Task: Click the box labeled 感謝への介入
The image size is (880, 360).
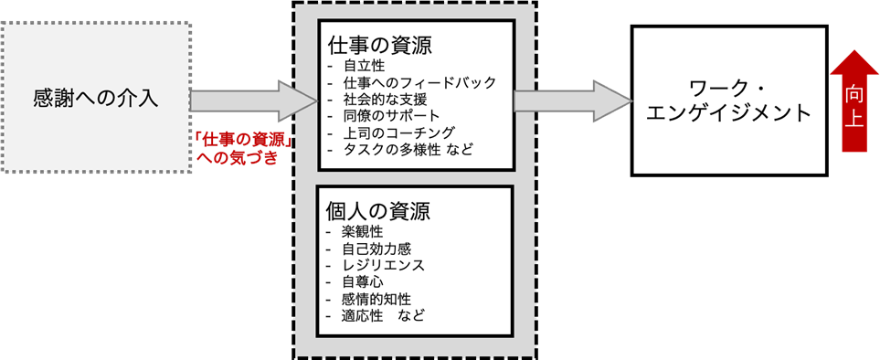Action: (96, 97)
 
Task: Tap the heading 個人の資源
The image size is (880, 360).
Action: (378, 210)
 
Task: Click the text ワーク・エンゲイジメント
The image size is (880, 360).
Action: (728, 100)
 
